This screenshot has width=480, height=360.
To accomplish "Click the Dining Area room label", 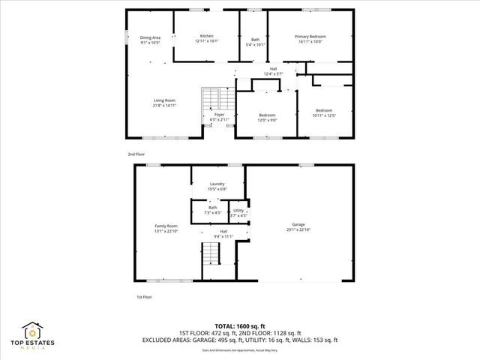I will [x=151, y=40].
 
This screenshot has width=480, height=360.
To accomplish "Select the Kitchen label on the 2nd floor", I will [x=206, y=38].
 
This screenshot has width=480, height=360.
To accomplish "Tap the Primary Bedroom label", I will [x=309, y=38].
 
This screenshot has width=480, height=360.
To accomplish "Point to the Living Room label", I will [x=165, y=103].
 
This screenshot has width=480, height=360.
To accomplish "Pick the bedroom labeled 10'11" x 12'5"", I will [x=324, y=113].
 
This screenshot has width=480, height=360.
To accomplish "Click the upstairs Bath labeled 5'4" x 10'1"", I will [x=255, y=41].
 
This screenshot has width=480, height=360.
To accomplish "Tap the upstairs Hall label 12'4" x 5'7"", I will [x=274, y=71].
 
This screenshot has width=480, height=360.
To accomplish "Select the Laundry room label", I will [x=217, y=186].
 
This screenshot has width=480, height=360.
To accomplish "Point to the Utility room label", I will [x=238, y=213].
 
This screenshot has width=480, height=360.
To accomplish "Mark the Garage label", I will [x=298, y=226].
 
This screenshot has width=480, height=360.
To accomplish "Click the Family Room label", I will [x=166, y=228].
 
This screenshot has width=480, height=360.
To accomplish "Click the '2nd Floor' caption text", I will [x=136, y=154].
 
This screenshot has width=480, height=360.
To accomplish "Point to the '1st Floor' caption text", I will [x=145, y=297].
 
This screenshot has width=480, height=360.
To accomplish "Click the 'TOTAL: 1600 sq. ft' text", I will [x=240, y=325].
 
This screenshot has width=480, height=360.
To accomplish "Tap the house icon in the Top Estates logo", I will [x=31, y=331].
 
